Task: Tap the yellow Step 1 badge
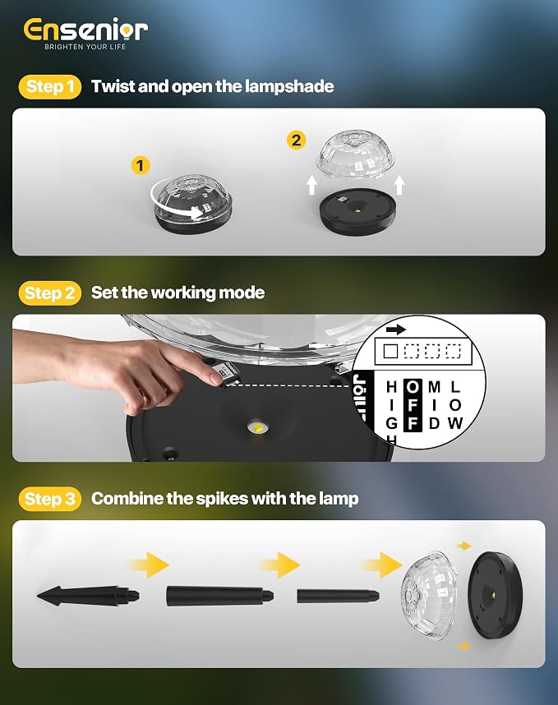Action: [x=50, y=86]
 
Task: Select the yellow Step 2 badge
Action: [x=50, y=293]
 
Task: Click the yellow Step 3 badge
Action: [x=50, y=499]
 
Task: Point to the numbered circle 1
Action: [x=141, y=165]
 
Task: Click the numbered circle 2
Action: [x=296, y=141]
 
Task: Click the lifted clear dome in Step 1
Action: [x=357, y=155]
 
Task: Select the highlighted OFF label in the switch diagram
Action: [x=413, y=405]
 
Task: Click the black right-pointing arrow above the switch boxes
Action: [x=395, y=329]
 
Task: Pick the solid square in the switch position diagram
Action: [x=390, y=351]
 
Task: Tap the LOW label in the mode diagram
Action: [x=455, y=405]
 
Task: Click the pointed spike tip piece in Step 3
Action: [x=88, y=597]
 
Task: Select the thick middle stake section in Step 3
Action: [x=220, y=596]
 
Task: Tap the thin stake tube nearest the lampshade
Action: [x=338, y=597]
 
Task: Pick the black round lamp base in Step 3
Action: [x=495, y=595]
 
